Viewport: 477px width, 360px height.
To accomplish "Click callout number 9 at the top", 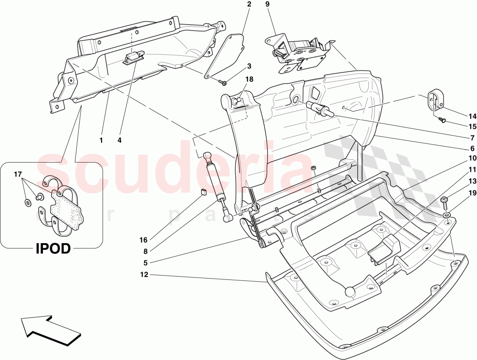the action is (x=267, y=4).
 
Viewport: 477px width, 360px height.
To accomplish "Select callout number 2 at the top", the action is (x=249, y=4).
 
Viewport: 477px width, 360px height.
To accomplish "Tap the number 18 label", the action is (x=249, y=79).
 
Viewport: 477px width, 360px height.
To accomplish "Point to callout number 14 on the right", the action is (x=472, y=116).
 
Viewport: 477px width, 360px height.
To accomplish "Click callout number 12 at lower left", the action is (x=144, y=275).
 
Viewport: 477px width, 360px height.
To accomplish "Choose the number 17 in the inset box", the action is (x=18, y=174).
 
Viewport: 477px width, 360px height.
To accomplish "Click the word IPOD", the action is (x=53, y=249).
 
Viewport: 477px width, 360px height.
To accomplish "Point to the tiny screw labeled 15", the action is (x=441, y=121).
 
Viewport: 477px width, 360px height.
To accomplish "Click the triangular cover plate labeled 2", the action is (x=224, y=56).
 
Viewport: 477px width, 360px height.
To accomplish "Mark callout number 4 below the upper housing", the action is (x=120, y=140).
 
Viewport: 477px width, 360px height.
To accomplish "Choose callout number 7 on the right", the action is (x=472, y=137).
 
